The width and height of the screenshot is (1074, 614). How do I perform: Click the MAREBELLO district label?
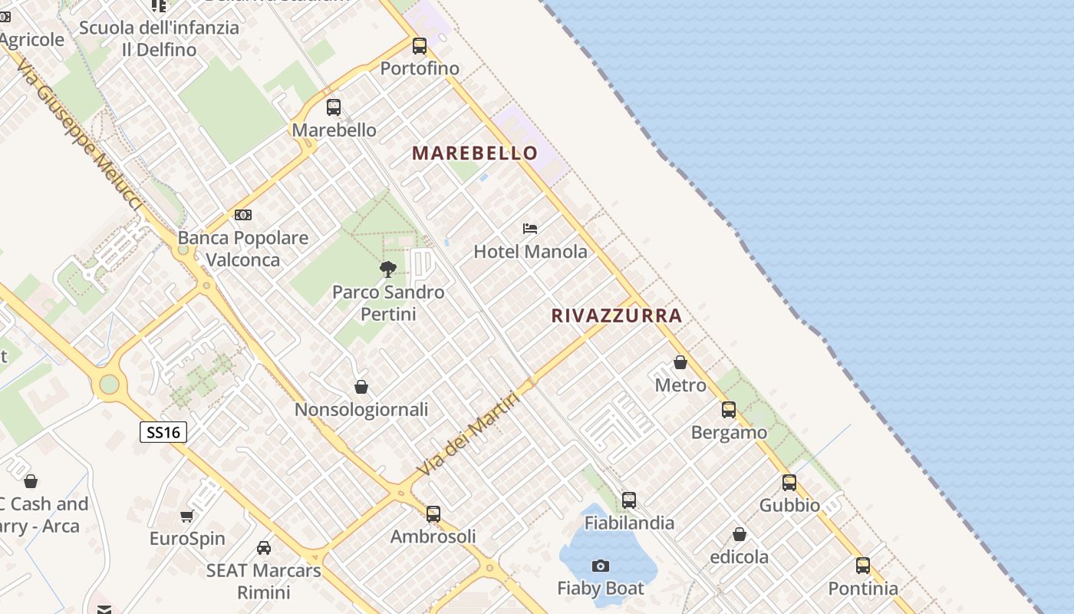tap(475, 153)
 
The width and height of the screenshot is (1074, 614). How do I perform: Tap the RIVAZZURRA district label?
tap(617, 315)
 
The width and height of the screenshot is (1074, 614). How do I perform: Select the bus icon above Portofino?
tap(419, 46)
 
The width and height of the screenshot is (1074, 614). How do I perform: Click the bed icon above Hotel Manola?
tap(530, 228)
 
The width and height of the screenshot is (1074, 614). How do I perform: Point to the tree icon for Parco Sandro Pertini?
tap(388, 269)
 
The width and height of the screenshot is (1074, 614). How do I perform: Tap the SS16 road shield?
tap(163, 432)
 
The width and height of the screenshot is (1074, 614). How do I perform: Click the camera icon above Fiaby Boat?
tap(601, 566)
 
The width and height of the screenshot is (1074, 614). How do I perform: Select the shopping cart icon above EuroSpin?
tap(186, 516)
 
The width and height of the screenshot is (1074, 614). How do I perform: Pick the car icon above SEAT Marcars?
tap(263, 548)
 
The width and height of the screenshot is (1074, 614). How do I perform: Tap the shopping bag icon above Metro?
tap(680, 362)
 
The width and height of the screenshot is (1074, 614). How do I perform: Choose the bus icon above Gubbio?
tap(789, 483)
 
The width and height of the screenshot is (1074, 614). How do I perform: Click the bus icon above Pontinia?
tap(863, 566)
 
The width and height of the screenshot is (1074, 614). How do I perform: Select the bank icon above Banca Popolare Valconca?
tap(243, 215)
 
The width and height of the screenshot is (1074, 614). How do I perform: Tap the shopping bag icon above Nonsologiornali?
tap(361, 387)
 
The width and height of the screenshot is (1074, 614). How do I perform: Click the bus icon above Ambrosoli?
tap(433, 513)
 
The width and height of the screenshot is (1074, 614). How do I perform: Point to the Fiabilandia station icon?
tap(629, 500)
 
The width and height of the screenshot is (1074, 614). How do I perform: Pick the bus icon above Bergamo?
tap(729, 410)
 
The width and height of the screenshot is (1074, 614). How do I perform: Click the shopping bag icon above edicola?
tap(740, 534)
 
